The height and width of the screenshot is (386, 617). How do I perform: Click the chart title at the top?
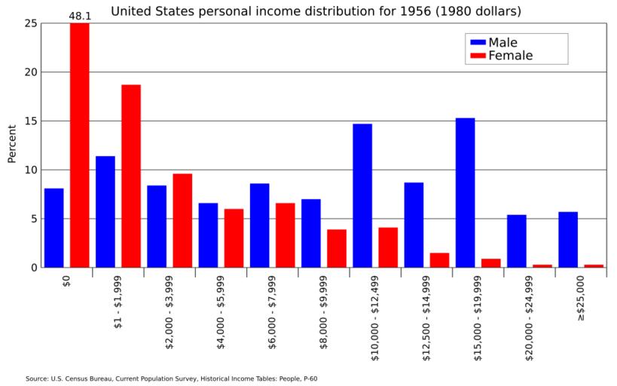[x=316, y=11]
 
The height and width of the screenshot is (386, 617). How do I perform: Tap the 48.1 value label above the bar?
[x=80, y=15]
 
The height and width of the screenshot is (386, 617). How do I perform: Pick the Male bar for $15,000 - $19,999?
[x=465, y=192]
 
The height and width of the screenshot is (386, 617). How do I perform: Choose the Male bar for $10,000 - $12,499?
[x=362, y=195]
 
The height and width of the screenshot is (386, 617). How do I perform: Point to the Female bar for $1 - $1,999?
[x=131, y=176]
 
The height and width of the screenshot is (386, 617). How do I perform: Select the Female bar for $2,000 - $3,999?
[x=182, y=220]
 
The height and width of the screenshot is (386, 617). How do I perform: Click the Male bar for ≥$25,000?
[x=567, y=239]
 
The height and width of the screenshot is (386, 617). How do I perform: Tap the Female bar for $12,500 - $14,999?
[x=439, y=259]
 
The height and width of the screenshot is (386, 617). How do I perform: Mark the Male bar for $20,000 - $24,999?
[x=516, y=240]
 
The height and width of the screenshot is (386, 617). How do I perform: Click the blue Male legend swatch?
[x=476, y=42]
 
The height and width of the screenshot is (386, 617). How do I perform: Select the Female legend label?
[x=510, y=56]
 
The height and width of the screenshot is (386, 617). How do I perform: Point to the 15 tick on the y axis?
[x=30, y=121]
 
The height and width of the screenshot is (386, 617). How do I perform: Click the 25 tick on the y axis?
[x=30, y=23]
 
